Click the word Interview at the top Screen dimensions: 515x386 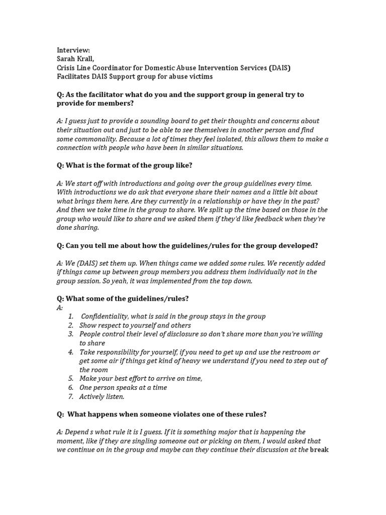coord(73,50)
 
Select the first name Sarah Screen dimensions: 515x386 coord(66,59)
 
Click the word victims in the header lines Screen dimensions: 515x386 coord(199,76)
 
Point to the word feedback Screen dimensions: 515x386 coord(256,219)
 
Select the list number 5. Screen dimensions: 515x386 coord(71,379)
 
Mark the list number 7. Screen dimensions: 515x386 coord(71,396)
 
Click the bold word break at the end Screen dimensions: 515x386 coord(319,450)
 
